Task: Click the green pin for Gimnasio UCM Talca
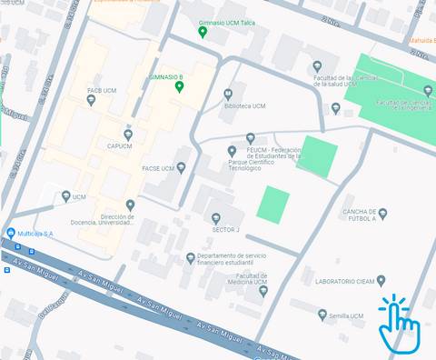(x=203, y=32)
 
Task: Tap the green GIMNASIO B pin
(x=180, y=87)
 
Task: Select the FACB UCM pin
(x=91, y=100)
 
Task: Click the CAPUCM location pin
(x=128, y=135)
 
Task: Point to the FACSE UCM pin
(x=181, y=167)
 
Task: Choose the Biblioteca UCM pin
(x=229, y=94)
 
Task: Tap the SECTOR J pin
(x=215, y=218)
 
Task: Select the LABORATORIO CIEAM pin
(x=381, y=281)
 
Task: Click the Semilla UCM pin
(x=322, y=315)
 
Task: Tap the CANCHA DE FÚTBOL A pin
(x=382, y=215)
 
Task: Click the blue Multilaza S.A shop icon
(x=10, y=234)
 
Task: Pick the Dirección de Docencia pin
(x=130, y=205)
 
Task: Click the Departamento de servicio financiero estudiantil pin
(x=190, y=258)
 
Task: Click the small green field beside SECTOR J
(x=272, y=203)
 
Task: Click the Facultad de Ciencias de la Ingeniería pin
(x=428, y=90)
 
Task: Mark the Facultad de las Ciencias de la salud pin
(x=317, y=66)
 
